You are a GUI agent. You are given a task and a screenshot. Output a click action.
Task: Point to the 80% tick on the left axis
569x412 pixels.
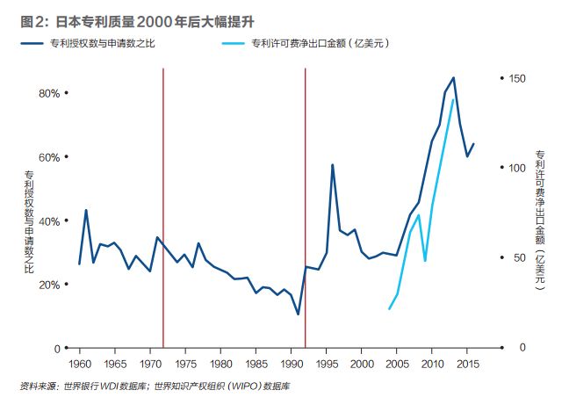47,93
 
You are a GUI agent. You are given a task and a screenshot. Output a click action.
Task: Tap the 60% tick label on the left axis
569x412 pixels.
47,157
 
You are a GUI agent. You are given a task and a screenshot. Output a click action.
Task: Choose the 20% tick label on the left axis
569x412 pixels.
47,285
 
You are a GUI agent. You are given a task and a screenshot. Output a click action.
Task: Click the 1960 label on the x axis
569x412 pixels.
79,362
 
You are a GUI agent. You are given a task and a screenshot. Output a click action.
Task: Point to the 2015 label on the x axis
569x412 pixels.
467,362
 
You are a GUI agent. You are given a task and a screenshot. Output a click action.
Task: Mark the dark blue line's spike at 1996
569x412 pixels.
333,165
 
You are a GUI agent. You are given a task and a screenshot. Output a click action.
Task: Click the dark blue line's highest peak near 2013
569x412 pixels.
453,77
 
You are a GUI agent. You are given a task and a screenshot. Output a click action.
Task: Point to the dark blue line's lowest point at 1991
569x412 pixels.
298,314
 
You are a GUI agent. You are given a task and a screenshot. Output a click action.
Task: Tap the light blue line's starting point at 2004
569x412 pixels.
389,308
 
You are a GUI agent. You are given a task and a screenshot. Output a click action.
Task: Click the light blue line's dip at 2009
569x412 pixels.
425,261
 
